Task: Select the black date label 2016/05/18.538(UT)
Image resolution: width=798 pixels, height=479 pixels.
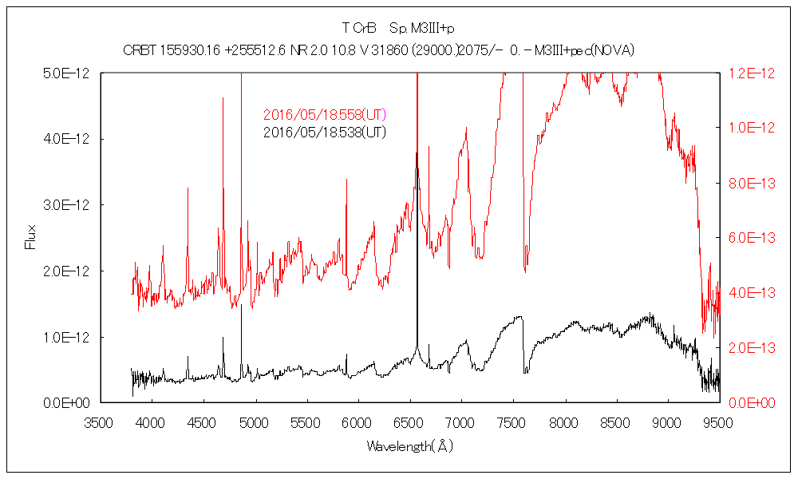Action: click(324, 132)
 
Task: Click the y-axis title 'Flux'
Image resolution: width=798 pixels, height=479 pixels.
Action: click(31, 237)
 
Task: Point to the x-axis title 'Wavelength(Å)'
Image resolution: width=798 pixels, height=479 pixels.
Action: click(409, 445)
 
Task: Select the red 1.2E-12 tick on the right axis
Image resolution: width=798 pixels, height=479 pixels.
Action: click(750, 73)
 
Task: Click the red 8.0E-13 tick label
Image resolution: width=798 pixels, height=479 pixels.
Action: click(750, 184)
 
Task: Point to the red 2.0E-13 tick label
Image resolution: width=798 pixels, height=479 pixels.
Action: click(750, 348)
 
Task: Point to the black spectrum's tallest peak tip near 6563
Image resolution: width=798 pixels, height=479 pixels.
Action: click(417, 153)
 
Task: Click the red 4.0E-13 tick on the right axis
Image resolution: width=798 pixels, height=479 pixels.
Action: click(750, 293)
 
